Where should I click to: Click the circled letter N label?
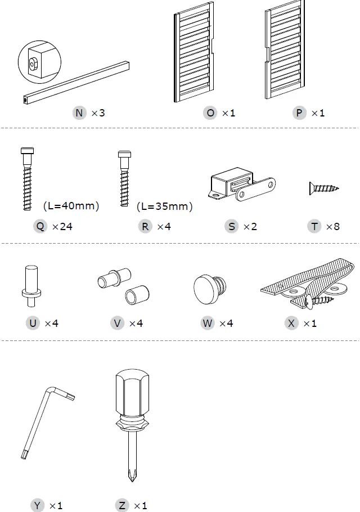click(79, 113)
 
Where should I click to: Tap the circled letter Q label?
click(40, 227)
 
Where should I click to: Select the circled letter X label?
click(291, 324)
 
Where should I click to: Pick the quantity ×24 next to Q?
click(62, 227)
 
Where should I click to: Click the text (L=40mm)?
click(71, 206)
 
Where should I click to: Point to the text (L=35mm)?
click(164, 206)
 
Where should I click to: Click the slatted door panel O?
click(194, 56)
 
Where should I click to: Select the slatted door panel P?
click(286, 56)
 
